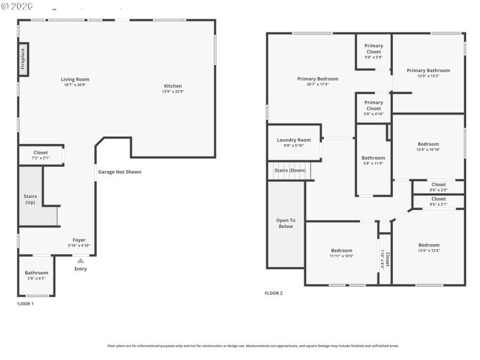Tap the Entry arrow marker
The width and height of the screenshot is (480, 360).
point(80,260)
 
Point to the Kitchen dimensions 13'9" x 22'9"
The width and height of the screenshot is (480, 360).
point(172,92)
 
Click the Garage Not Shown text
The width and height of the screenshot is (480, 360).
point(120,172)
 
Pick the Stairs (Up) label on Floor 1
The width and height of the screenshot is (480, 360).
point(29,199)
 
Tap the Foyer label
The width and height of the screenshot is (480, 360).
point(79,240)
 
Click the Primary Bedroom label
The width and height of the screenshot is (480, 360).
point(317,79)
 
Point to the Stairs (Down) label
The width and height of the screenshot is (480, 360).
point(290,170)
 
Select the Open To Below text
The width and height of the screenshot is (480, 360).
point(286,223)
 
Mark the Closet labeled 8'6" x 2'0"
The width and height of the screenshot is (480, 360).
point(438,187)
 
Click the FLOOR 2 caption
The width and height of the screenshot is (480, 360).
point(274,293)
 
